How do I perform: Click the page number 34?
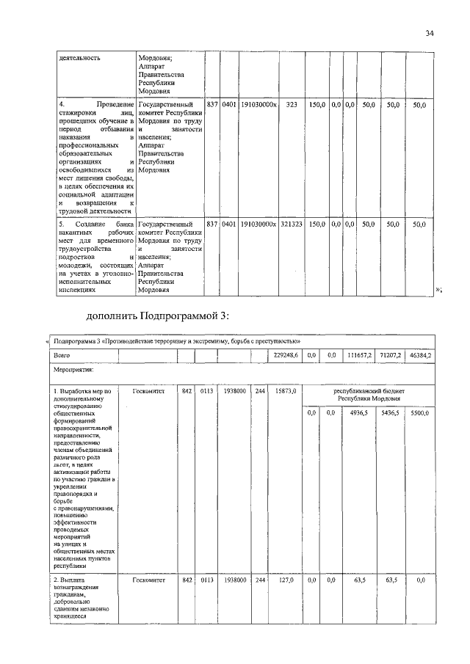429,32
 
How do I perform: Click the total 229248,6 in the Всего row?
285,355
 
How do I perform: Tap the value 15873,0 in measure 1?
285,392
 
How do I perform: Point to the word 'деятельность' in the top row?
80,56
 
